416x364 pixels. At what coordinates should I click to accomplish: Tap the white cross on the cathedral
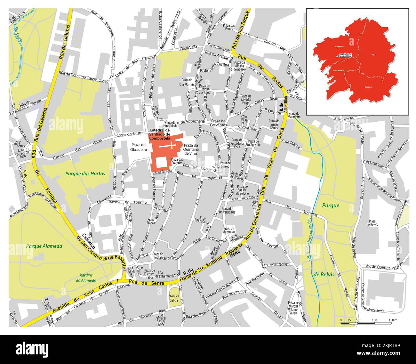[x=170, y=146]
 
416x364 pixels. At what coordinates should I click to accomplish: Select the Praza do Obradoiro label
[x=139, y=147]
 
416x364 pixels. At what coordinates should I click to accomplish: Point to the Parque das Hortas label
[x=85, y=174]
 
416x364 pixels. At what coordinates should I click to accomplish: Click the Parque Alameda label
[x=44, y=246]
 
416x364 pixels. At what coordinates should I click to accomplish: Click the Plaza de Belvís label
[x=372, y=223]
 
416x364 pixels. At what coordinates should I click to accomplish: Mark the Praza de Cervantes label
[x=219, y=123]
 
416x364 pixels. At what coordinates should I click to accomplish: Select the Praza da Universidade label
[x=228, y=210]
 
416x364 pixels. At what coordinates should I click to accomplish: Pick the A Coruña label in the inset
[x=339, y=46]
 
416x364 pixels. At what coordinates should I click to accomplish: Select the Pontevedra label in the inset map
[x=338, y=70]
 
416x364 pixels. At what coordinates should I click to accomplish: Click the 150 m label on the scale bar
[x=393, y=320]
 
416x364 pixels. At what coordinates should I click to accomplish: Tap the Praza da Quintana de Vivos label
[x=191, y=149]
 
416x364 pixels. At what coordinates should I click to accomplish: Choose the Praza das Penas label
[x=229, y=27]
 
